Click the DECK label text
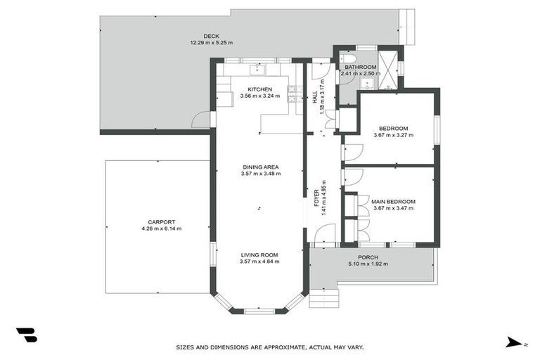[211, 37]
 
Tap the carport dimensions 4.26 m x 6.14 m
[161, 229]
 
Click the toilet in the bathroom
[345, 60]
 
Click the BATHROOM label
[359, 67]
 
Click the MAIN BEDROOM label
[394, 201]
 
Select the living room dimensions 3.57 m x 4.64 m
[259, 262]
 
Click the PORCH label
[368, 257]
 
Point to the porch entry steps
[323, 298]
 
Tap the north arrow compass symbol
[515, 342]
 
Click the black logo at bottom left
[26, 335]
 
